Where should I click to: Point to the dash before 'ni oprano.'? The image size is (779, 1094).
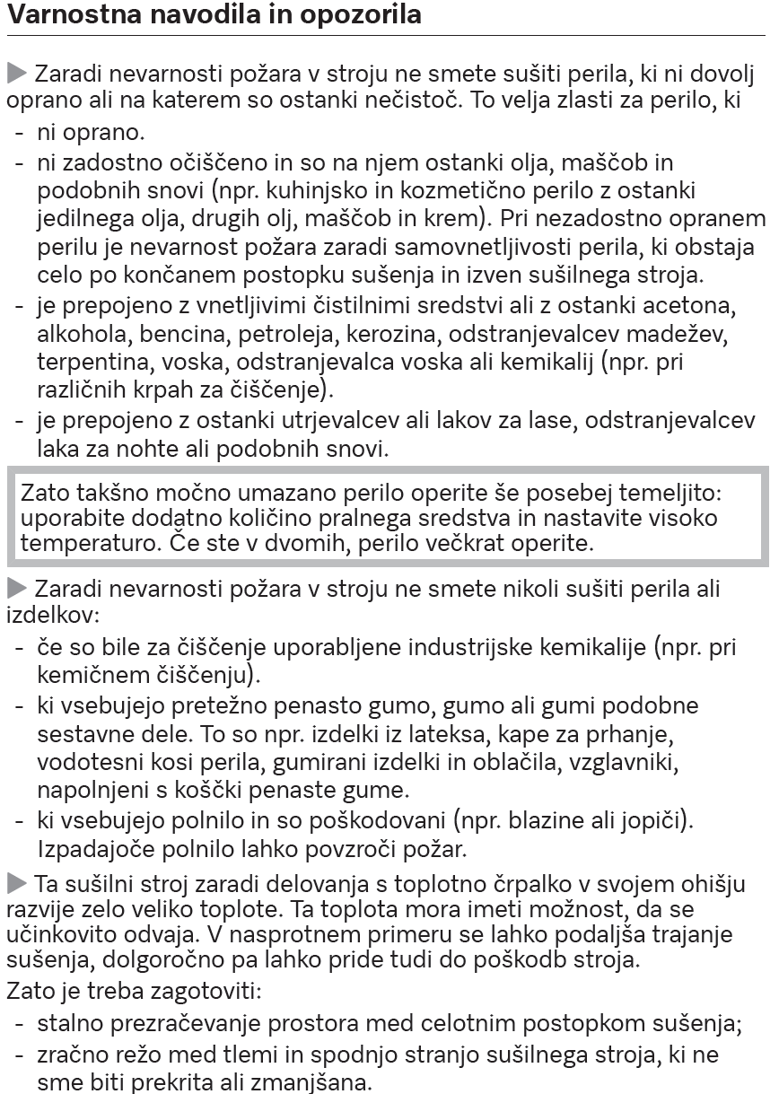(x=20, y=134)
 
